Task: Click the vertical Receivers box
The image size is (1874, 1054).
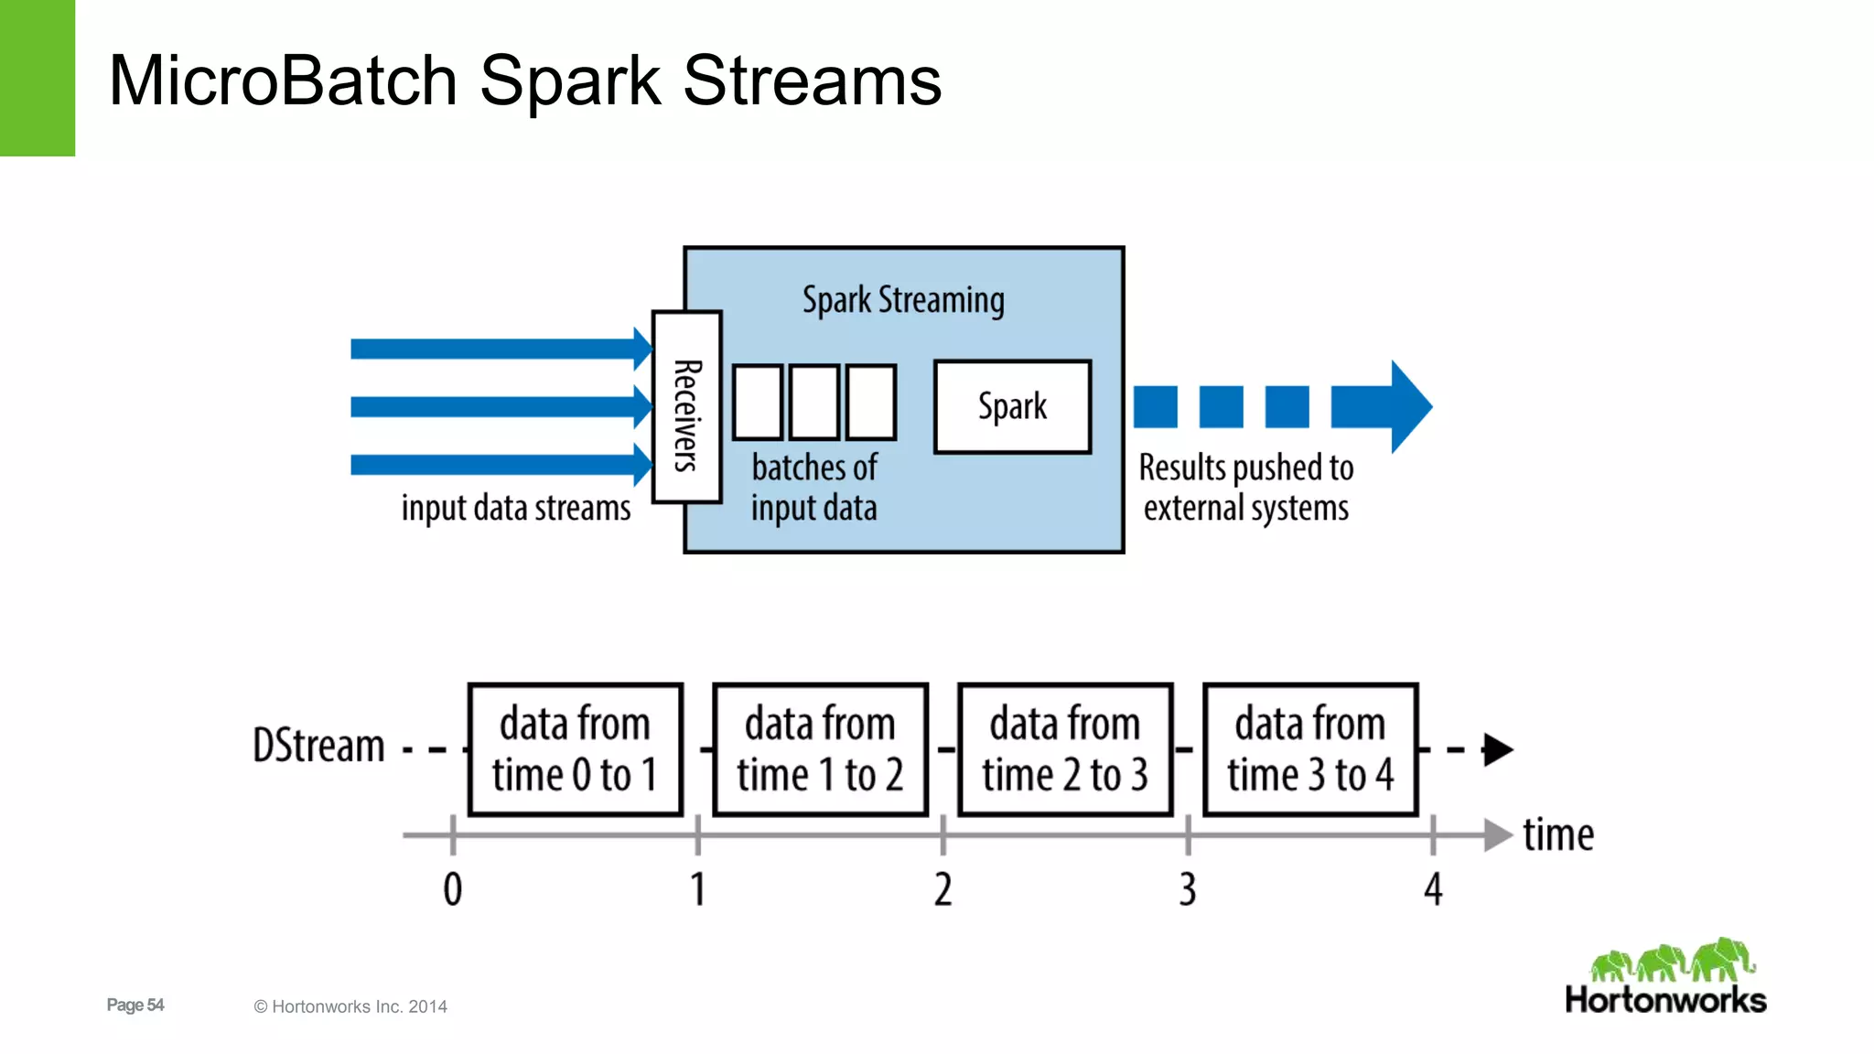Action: [687, 407]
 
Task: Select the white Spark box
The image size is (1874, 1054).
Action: [1012, 407]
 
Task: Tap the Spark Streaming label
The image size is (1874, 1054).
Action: [903, 300]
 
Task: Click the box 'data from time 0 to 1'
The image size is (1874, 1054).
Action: [576, 749]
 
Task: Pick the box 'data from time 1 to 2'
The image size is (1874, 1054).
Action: [821, 749]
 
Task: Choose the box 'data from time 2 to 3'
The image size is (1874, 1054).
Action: [1065, 749]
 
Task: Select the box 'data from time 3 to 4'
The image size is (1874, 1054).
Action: [1310, 749]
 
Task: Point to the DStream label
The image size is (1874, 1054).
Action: [318, 746]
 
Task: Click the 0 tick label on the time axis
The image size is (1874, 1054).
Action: [453, 889]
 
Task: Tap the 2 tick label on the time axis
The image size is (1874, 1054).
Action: [942, 889]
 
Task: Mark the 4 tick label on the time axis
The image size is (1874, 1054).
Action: [1433, 889]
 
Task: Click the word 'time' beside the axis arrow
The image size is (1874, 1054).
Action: [1557, 835]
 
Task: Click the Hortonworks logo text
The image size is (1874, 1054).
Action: [1665, 1000]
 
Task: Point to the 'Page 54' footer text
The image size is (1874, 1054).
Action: [135, 1005]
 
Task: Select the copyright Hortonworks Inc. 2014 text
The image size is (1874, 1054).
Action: [350, 1006]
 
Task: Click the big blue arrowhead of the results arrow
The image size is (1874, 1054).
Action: [1409, 407]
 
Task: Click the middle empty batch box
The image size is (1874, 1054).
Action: [814, 403]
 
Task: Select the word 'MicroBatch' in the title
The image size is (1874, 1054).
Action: [283, 81]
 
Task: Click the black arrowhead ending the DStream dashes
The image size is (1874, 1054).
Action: [1497, 749]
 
